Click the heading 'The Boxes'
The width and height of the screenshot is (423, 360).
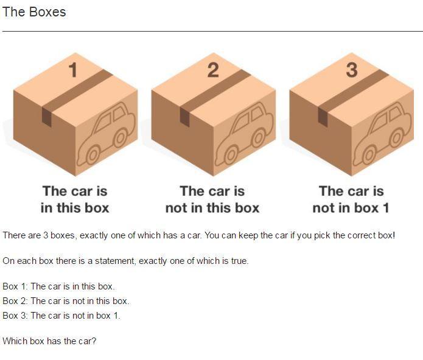coord(34,12)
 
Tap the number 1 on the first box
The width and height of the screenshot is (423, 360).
coord(73,70)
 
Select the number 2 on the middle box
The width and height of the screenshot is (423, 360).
coord(213,70)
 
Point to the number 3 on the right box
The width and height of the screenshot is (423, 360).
coord(352,70)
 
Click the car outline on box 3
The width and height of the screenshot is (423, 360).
coord(382,134)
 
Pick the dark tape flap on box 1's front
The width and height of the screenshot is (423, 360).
coord(47,117)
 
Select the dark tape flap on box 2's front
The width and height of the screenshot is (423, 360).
coord(185,117)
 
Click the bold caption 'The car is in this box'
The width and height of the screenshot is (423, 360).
coord(75,199)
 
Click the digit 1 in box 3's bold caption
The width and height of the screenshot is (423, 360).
coord(386,208)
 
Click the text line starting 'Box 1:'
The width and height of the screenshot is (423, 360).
coord(59,286)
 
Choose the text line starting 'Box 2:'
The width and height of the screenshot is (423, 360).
coord(66,301)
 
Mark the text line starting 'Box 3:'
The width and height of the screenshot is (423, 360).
coord(61,315)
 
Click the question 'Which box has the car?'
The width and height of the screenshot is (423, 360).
coord(49,341)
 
